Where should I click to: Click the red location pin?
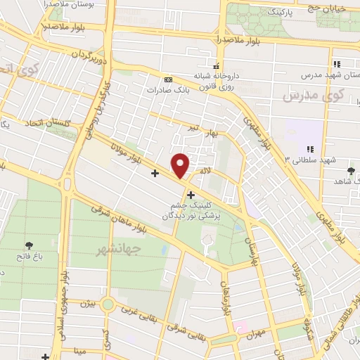tap(181, 165)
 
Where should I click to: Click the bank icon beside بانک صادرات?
tap(167, 79)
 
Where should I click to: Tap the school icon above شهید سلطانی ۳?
tap(309, 148)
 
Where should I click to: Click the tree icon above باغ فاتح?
tap(29, 245)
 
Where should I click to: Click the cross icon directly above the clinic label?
tap(191, 193)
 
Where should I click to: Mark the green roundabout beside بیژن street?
tap(108, 304)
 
